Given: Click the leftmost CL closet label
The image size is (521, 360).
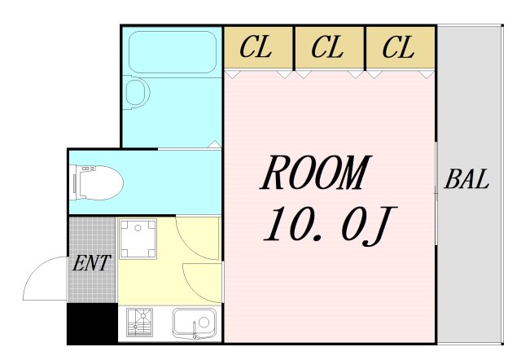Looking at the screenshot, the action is coord(256,47).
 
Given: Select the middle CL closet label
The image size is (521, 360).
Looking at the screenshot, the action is coord(327,47).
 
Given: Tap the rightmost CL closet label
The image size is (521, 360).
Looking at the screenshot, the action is coord(398,47).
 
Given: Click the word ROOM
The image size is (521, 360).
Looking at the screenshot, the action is coord(316,173).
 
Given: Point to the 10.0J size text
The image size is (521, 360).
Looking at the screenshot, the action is coord(330,225).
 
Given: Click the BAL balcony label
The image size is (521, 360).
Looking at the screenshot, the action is coord(466,179).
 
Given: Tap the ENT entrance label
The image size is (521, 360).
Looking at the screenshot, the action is coord(91,263).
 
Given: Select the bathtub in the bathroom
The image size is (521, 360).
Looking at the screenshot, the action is coord(173,52).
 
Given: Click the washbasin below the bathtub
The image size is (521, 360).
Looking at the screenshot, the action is coord(137,92).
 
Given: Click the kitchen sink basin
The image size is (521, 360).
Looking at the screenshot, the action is coord(194,323).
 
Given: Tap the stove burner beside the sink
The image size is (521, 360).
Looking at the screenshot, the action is coord(140,322).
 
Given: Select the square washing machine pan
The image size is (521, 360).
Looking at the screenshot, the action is coord(138,239).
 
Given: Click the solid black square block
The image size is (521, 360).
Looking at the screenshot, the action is coord(92,323).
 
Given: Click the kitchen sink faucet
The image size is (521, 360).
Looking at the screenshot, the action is coord(195,330).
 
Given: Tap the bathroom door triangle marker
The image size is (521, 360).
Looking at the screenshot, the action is coord(215,144).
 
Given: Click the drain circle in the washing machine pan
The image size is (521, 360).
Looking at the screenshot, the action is coord(138,228).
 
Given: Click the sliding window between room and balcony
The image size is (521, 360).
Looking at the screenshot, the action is coord(436,194).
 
